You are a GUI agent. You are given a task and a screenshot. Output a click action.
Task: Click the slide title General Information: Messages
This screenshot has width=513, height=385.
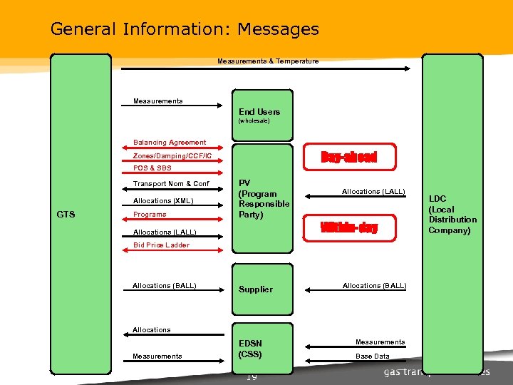(x=185, y=29)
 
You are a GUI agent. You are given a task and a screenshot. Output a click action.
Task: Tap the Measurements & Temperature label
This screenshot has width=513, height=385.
(x=268, y=61)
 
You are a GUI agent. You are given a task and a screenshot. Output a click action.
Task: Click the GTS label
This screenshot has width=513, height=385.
(x=65, y=214)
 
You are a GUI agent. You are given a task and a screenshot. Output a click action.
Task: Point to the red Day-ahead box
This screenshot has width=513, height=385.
(x=348, y=157)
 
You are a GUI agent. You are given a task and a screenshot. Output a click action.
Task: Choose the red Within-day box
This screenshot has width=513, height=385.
(x=349, y=228)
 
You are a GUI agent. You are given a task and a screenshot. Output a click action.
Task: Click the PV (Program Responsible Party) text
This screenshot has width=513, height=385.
(x=264, y=198)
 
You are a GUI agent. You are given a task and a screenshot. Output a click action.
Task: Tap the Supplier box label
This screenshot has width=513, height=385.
(x=256, y=289)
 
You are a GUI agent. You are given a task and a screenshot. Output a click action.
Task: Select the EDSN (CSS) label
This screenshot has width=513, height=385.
(x=250, y=349)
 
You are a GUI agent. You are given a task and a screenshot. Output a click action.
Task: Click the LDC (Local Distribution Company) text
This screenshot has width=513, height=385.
(x=452, y=214)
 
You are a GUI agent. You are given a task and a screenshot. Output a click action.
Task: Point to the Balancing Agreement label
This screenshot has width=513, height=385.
(x=170, y=143)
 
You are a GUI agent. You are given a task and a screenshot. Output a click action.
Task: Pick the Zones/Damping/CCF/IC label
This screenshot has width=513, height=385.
(x=172, y=155)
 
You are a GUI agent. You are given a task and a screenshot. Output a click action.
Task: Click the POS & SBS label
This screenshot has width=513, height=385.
(x=152, y=168)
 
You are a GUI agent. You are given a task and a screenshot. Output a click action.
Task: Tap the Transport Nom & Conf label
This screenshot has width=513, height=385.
(x=171, y=184)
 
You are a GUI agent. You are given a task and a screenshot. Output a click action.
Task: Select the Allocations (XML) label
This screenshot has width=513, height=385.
(x=163, y=201)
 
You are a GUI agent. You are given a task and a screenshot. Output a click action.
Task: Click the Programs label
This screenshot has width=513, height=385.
(x=150, y=215)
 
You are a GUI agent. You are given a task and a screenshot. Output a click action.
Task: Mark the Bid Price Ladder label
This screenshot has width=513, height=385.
(x=161, y=245)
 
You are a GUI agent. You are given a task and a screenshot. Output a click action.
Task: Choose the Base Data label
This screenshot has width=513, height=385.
(x=373, y=356)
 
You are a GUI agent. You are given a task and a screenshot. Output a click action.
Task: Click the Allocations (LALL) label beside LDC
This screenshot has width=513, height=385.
(x=373, y=192)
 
